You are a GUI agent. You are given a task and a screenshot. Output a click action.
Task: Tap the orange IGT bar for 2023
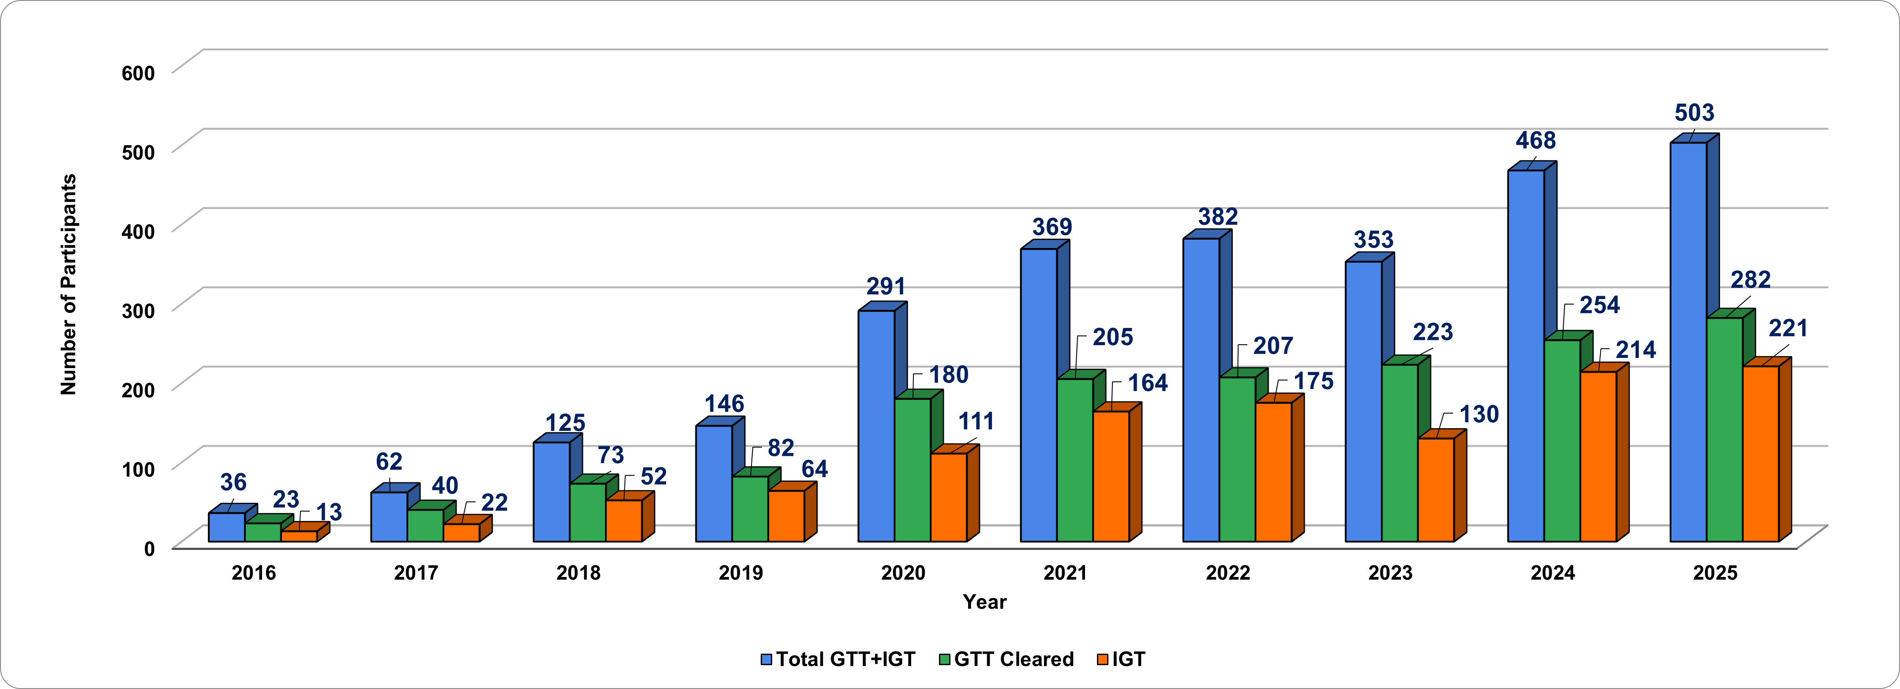click(x=1435, y=490)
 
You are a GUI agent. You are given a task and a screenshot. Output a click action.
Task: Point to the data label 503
click(x=1694, y=113)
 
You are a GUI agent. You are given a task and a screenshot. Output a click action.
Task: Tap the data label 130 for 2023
click(x=1479, y=414)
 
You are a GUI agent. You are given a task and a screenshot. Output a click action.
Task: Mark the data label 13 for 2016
click(x=329, y=512)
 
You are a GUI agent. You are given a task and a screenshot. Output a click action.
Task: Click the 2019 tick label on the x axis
click(x=740, y=573)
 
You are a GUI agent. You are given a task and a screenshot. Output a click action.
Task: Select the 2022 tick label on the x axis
click(x=1228, y=573)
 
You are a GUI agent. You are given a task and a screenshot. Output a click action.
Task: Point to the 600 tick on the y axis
click(x=139, y=73)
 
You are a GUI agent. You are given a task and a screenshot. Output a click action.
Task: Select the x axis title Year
click(x=984, y=602)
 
